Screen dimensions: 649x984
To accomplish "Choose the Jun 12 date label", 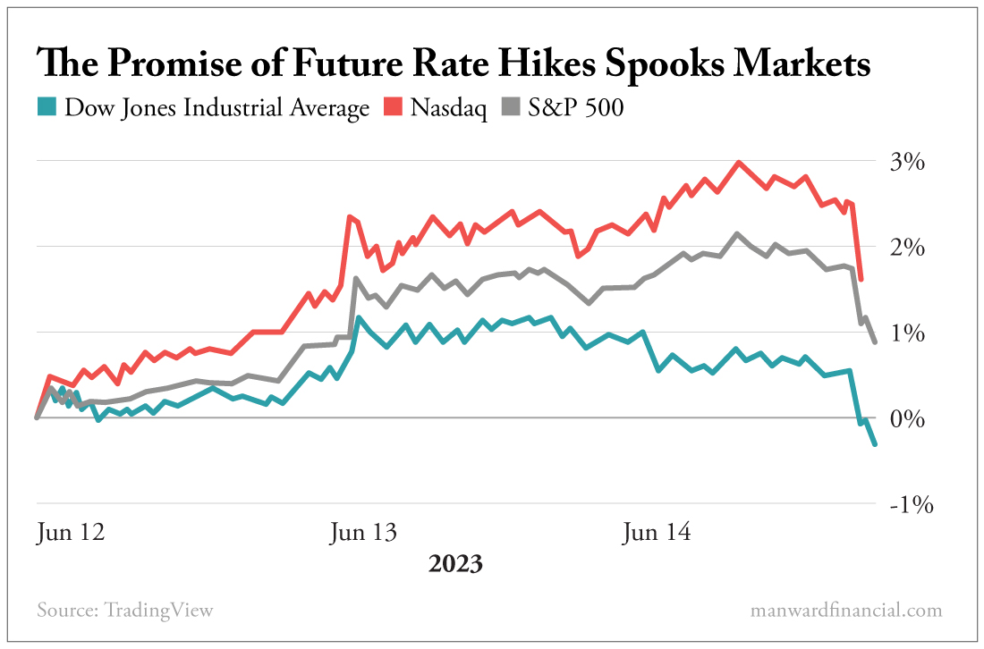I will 71,534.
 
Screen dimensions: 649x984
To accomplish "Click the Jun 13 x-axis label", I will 362,534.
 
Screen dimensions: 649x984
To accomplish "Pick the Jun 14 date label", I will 657,534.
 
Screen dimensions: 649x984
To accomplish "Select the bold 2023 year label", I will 455,565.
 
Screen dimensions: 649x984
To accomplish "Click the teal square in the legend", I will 47,108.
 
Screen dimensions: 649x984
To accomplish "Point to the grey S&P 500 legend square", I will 510,108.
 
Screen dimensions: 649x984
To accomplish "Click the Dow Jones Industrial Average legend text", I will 217,108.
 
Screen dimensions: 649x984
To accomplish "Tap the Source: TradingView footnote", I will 125,611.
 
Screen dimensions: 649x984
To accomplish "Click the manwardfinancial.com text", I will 846,611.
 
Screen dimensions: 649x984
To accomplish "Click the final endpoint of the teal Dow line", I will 874,444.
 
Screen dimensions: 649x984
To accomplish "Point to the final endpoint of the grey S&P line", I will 875,341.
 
